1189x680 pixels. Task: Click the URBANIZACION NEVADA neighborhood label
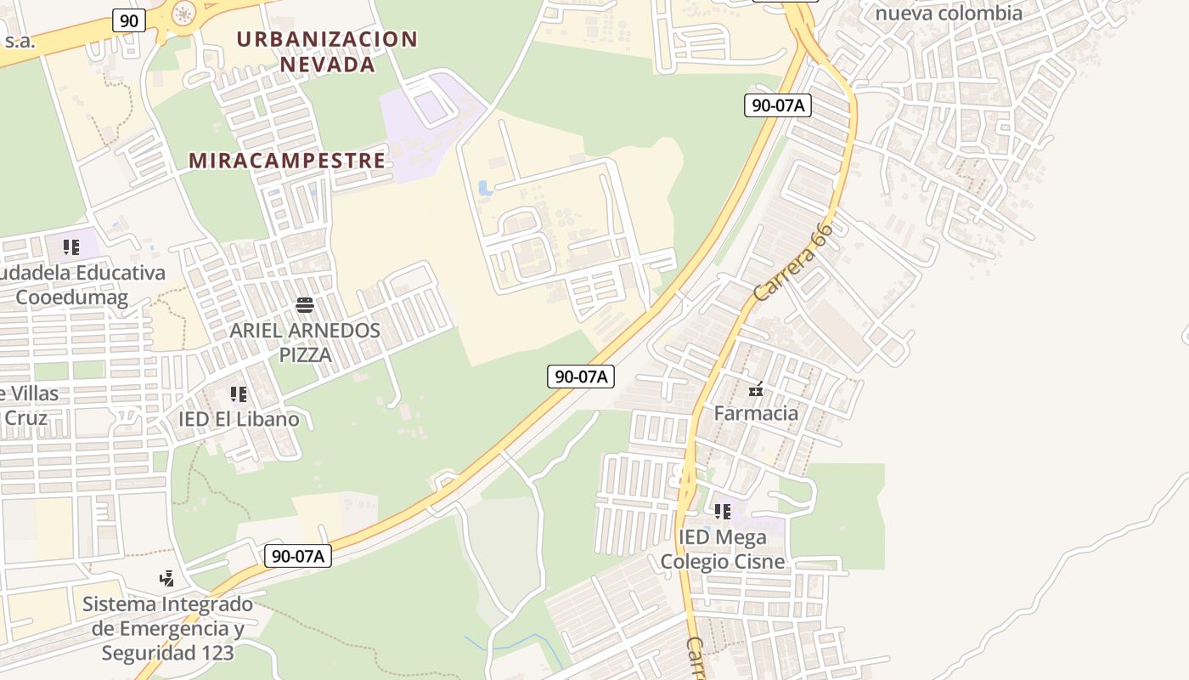327,52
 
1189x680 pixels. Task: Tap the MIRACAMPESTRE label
287,161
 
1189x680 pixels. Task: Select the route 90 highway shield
128,20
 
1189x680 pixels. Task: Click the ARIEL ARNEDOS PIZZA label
305,342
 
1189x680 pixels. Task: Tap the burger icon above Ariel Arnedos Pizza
305,305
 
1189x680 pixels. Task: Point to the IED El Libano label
239,419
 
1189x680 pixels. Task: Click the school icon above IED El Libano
239,394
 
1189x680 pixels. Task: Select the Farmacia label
756,413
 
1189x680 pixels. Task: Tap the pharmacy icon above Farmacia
756,390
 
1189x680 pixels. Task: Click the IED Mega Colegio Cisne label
723,549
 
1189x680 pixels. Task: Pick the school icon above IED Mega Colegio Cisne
723,512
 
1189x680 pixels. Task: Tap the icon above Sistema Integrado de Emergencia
167,579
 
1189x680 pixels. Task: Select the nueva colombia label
949,14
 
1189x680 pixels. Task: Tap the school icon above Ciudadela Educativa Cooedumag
71,247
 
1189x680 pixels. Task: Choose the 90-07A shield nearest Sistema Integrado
297,557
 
